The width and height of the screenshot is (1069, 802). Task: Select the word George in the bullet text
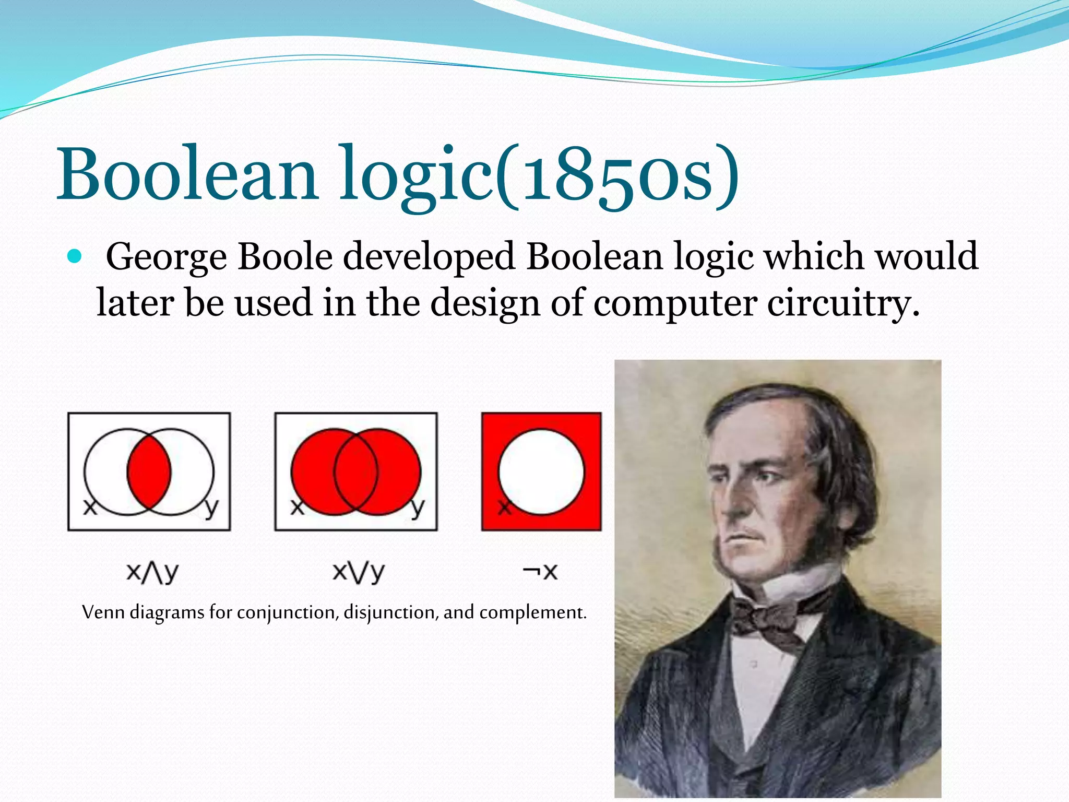click(167, 257)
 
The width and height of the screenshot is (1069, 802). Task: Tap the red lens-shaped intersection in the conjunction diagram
click(149, 472)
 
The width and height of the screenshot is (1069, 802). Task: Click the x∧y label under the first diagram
click(152, 573)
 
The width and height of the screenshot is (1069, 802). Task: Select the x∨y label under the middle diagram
click(359, 573)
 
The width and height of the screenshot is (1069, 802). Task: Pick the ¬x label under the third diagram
click(540, 572)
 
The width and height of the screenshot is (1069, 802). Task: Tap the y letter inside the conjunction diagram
click(211, 507)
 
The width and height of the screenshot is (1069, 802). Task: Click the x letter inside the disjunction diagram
click(296, 506)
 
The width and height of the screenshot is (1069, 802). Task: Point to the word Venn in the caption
click(103, 612)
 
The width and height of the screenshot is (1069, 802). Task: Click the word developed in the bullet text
click(429, 257)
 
